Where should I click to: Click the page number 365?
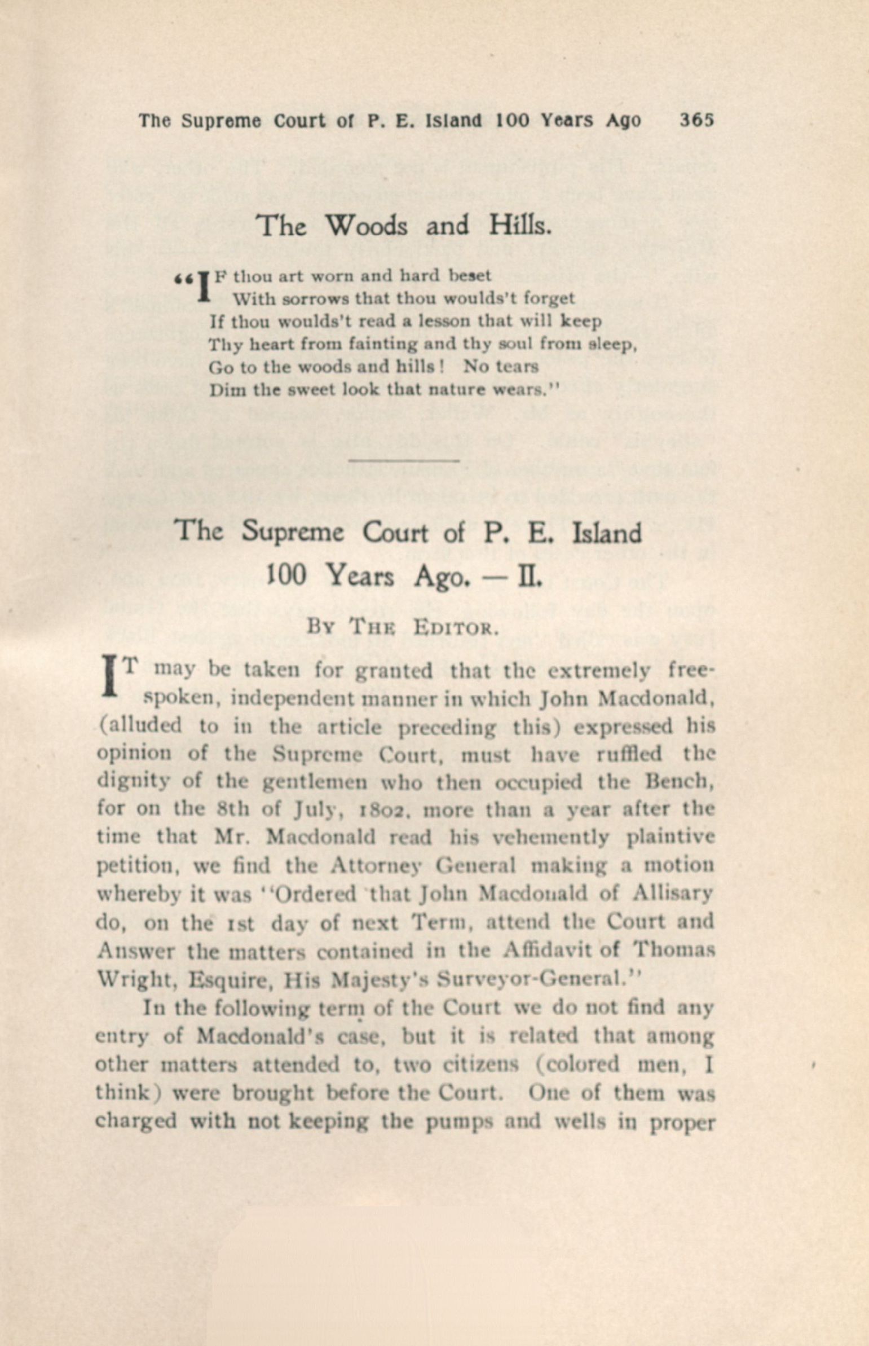pyautogui.click(x=697, y=120)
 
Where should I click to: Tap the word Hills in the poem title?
pyautogui.click(x=519, y=226)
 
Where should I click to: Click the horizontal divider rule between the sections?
pyautogui.click(x=404, y=462)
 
